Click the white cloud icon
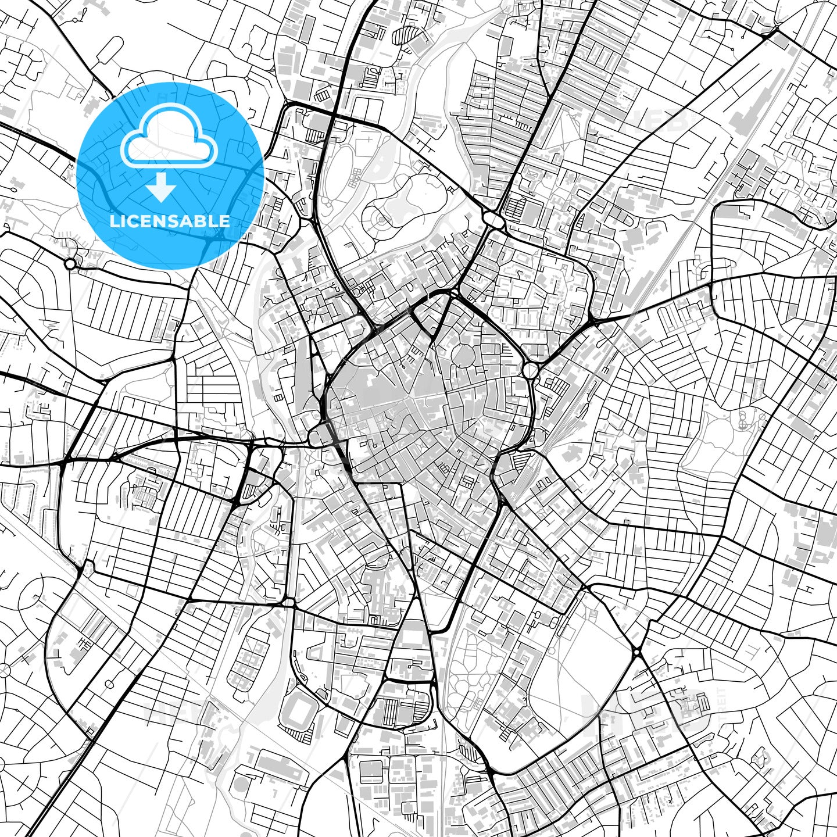[x=169, y=137]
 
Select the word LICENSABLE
[x=170, y=221]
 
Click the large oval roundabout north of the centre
[x=493, y=219]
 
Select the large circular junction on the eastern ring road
[x=531, y=370]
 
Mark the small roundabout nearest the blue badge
[x=70, y=264]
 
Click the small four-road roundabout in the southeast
[x=638, y=653]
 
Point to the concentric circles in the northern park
[x=381, y=220]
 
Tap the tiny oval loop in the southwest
[x=108, y=683]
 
